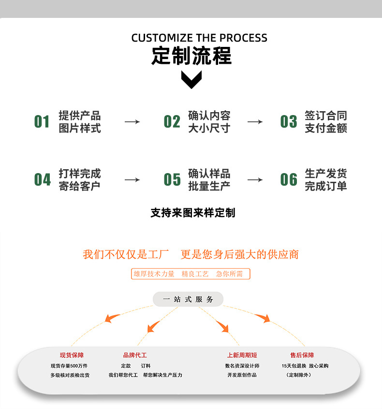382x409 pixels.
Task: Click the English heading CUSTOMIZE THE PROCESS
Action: [x=199, y=38]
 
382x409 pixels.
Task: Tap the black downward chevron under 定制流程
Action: [x=191, y=79]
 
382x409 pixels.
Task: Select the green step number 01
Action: [x=42, y=122]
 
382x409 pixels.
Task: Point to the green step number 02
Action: [x=172, y=122]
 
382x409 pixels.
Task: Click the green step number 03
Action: [x=289, y=122]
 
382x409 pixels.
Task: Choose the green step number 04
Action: [x=42, y=180]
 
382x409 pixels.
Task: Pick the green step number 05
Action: [x=172, y=180]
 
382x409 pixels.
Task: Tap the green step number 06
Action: [x=289, y=180]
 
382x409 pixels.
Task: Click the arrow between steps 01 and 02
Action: [x=132, y=122]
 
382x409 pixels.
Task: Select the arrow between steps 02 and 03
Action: [x=255, y=122]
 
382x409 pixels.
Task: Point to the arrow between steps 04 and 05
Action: [x=132, y=180]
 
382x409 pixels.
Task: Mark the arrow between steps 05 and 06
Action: [x=255, y=180]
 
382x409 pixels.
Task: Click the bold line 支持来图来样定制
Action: [x=192, y=213]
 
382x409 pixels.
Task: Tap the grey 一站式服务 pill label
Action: [x=188, y=299]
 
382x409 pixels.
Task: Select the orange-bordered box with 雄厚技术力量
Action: [x=191, y=274]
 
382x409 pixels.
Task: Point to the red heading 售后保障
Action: [x=302, y=355]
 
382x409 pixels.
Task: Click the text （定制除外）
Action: [x=299, y=375]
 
